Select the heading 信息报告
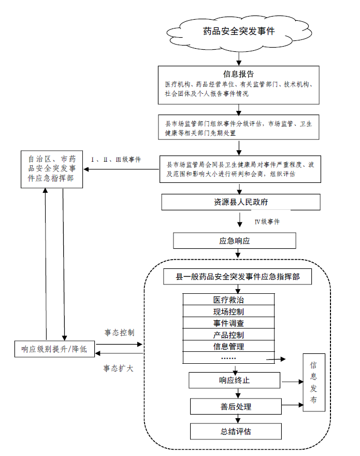click(238, 74)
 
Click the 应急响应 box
click(235, 241)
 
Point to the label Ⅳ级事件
click(267, 222)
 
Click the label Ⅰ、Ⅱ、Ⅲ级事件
click(116, 159)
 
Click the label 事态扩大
click(119, 368)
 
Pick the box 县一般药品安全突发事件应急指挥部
click(238, 277)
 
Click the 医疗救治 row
click(228, 300)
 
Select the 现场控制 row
click(228, 312)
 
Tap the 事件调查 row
click(228, 323)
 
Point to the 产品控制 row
click(228, 335)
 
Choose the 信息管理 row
click(228, 346)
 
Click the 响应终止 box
click(235, 380)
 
